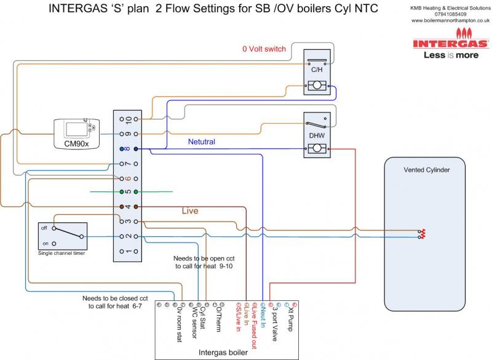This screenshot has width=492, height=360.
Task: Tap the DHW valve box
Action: pos(317,136)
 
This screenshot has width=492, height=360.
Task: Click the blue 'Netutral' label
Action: pos(202,142)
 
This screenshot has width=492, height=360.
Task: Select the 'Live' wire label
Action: pos(190,211)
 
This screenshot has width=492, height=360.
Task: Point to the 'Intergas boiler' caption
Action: pos(223,353)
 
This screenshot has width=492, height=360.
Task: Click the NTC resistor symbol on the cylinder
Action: pos(421,233)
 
